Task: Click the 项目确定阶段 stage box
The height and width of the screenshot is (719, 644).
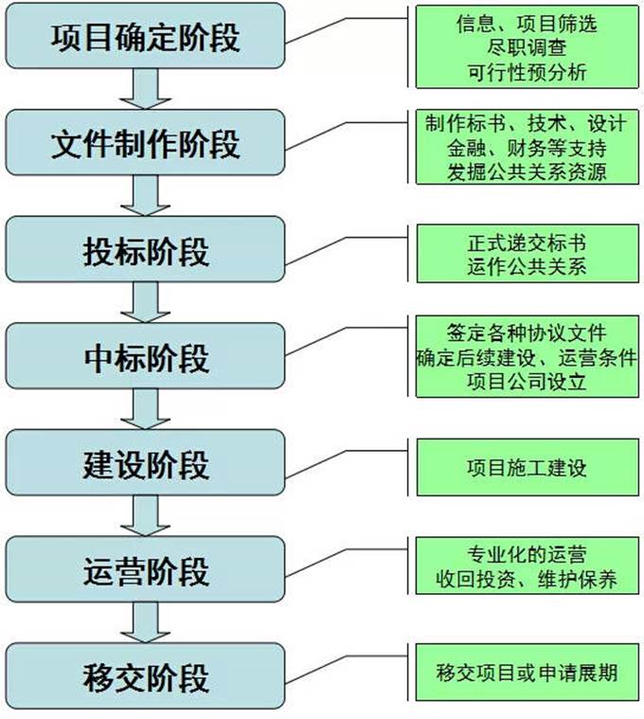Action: pos(144,37)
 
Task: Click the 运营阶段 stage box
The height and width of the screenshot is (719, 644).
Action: pos(144,571)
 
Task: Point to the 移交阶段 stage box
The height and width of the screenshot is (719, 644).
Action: pos(144,677)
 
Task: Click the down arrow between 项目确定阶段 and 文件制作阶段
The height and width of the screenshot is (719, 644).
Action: pos(144,89)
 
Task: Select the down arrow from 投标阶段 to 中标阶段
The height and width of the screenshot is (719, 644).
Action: pos(144,303)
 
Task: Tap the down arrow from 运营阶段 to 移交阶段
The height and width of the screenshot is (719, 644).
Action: pos(144,624)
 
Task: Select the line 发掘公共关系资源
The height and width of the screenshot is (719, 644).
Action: pos(527,171)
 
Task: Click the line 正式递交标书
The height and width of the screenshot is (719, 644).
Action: pos(527,243)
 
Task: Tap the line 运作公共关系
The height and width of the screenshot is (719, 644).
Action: pos(527,266)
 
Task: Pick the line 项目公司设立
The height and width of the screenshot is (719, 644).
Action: pos(527,382)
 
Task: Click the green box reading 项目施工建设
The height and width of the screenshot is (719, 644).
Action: pos(527,467)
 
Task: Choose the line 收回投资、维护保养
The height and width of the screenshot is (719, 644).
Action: pos(527,579)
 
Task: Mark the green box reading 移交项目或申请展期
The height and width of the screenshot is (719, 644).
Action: pos(527,674)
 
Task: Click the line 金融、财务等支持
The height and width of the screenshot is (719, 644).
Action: pos(527,148)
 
